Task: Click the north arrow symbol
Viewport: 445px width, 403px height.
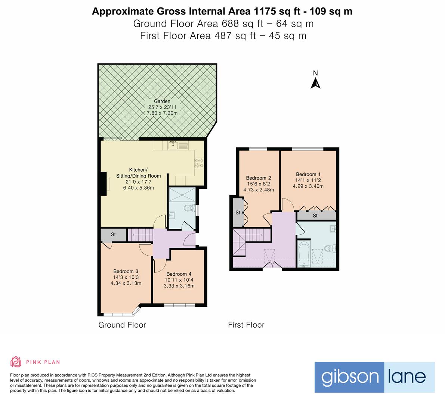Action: (x=315, y=83)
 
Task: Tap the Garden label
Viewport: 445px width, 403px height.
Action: (x=162, y=101)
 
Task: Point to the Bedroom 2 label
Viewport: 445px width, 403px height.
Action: (x=258, y=178)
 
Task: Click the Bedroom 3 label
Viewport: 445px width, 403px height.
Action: (x=126, y=271)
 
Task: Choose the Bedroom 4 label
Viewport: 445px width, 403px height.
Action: (x=179, y=274)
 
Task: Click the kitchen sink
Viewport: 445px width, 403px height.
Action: (x=173, y=145)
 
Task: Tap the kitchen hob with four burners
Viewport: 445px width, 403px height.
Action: (x=199, y=163)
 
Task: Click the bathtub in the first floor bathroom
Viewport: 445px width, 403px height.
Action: (x=304, y=254)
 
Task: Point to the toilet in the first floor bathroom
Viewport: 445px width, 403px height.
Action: (x=330, y=249)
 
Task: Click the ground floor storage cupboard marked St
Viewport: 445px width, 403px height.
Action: (x=114, y=235)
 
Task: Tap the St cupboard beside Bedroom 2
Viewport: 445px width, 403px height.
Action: (x=238, y=212)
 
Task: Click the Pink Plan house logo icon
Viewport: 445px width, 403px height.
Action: (x=16, y=362)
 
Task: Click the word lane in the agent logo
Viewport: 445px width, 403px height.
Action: (x=407, y=377)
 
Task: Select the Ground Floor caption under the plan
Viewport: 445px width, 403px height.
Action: (x=122, y=325)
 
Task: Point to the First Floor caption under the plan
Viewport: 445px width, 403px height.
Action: (x=246, y=325)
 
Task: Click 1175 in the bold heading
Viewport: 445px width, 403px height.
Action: (x=265, y=11)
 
